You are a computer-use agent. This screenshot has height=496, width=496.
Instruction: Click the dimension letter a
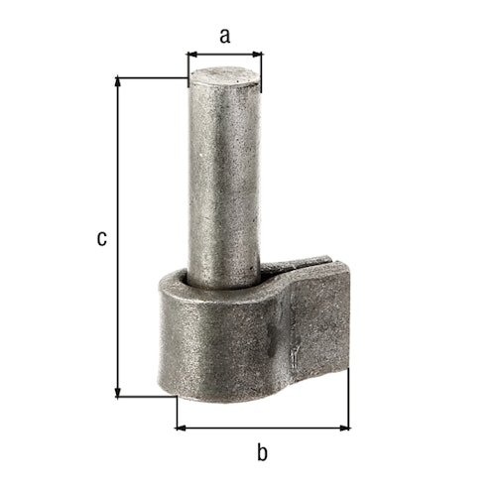[x=225, y=37]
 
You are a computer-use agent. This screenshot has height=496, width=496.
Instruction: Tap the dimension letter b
[x=262, y=453]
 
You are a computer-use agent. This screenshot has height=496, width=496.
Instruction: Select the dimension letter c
[x=100, y=238]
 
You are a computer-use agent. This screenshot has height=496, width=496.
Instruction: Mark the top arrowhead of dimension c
[x=119, y=80]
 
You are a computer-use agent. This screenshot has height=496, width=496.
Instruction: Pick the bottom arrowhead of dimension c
[x=119, y=393]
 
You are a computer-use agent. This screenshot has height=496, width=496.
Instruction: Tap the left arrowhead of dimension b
[x=180, y=428]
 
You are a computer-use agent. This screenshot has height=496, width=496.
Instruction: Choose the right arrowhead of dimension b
[x=346, y=428]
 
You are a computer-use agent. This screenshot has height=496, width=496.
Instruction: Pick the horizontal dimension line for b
[x=263, y=428]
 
